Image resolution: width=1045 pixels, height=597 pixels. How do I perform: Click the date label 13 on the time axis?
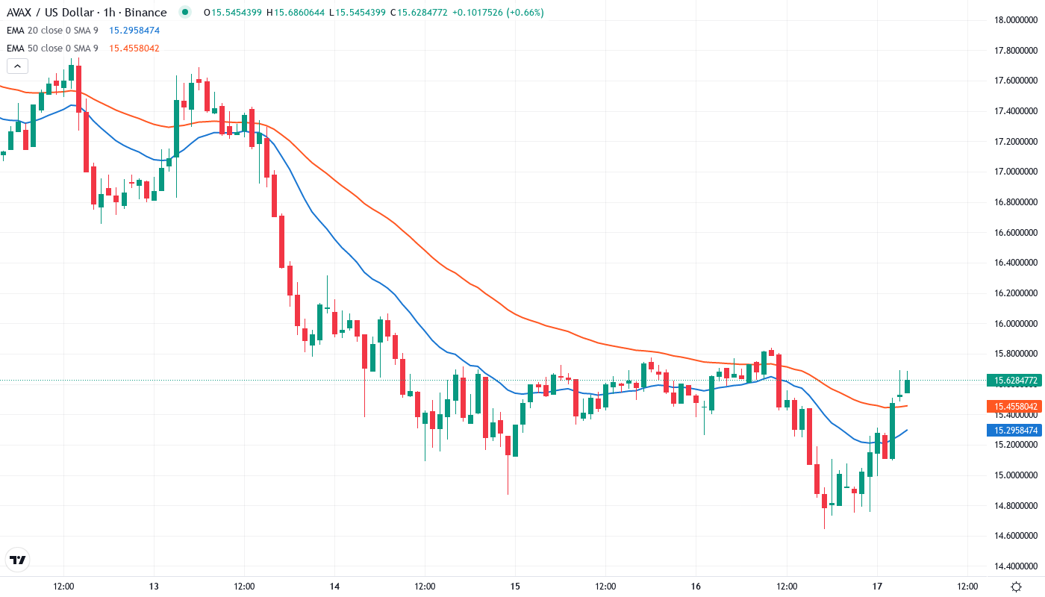(x=154, y=586)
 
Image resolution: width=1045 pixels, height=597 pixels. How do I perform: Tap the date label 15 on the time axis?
(x=515, y=586)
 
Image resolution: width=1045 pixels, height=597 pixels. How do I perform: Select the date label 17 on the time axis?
(x=877, y=586)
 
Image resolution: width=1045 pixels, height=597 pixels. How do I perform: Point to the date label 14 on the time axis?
(x=334, y=586)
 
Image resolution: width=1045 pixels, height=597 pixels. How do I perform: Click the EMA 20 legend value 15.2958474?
(x=134, y=31)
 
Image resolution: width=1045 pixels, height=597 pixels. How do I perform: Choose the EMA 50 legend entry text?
(x=52, y=49)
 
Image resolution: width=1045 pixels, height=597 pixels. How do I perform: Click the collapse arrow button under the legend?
(x=17, y=66)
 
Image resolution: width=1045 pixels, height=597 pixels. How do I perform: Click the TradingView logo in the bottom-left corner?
(x=17, y=560)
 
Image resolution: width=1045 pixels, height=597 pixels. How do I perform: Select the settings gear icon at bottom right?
(x=1016, y=587)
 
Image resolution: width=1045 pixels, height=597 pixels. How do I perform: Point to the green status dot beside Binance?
(x=184, y=13)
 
